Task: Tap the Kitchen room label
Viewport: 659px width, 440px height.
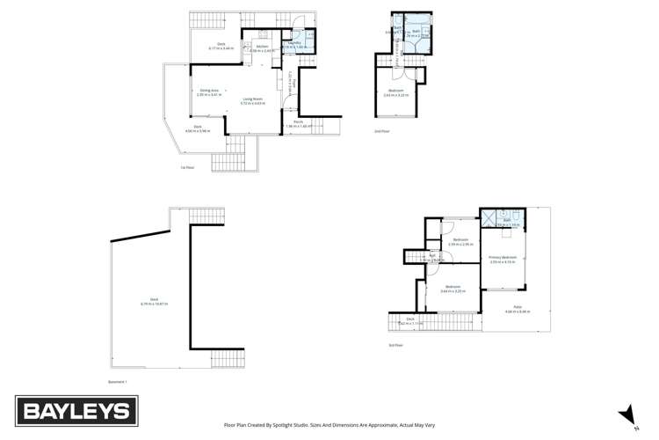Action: point(263,48)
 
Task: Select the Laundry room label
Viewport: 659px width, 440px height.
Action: point(294,43)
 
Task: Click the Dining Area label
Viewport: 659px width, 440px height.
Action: point(207,92)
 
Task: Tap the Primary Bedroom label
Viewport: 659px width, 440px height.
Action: point(503,259)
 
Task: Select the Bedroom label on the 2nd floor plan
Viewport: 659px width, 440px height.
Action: point(396,92)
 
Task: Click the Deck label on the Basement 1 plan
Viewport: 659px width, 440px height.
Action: point(154,300)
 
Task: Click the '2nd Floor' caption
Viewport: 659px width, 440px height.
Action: point(381,131)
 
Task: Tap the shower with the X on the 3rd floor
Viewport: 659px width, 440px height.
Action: point(488,216)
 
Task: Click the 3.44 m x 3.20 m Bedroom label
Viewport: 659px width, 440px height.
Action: point(452,288)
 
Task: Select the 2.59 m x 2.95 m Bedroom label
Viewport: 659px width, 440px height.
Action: point(461,241)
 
